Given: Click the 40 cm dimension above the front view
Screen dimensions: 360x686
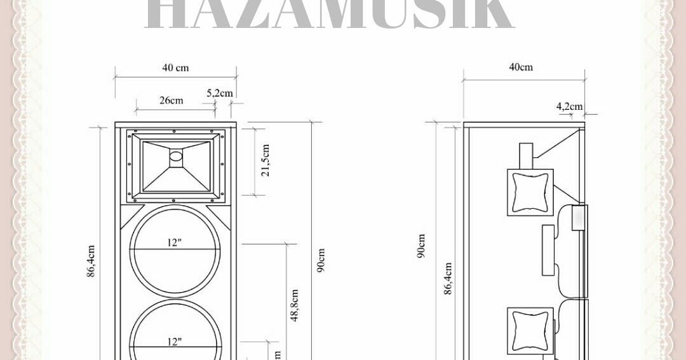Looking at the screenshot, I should click(175, 67).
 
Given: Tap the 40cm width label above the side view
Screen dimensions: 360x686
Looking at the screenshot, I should click(521, 67).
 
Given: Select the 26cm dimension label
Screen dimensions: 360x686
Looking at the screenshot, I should click(171, 100).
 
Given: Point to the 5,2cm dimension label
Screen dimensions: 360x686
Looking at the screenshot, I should click(219, 93).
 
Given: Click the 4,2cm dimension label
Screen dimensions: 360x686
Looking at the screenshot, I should click(569, 106).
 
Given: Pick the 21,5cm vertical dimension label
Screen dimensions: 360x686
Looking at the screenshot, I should click(266, 160).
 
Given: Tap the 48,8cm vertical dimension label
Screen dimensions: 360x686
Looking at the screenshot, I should click(295, 305).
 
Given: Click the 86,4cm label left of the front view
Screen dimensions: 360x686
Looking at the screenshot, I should click(91, 260).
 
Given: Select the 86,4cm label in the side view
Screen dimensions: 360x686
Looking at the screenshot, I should click(448, 278).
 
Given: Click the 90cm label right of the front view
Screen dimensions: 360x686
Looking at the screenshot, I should click(321, 260).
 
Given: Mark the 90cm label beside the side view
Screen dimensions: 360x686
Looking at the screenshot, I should click(421, 246).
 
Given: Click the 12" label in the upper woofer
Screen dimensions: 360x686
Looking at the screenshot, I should click(175, 243).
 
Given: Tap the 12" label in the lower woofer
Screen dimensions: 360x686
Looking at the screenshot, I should click(175, 342).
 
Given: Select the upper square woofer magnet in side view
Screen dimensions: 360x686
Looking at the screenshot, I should click(530, 192).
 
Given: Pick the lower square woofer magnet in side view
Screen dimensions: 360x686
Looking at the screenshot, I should click(530, 331).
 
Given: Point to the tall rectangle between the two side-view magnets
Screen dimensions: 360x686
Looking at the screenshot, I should click(548, 250).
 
